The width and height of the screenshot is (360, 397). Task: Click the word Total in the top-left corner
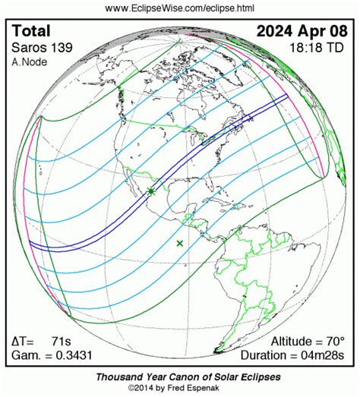tap(32, 31)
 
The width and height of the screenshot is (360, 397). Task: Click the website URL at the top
tap(179, 8)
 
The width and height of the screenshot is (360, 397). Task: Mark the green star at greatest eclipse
tap(151, 192)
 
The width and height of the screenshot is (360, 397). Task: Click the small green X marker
tap(180, 243)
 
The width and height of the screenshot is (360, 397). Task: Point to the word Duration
tap(264, 354)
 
